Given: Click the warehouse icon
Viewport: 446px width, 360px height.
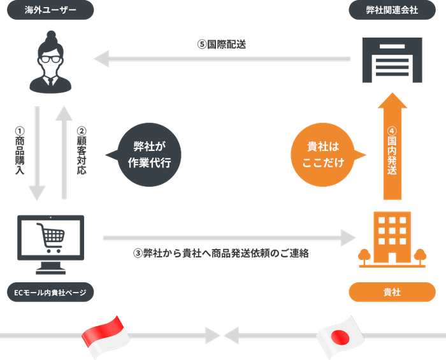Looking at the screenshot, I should point(391,60).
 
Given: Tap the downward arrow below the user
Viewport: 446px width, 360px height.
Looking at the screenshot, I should point(37,153).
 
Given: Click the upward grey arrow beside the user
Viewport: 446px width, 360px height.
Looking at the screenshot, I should point(64,153).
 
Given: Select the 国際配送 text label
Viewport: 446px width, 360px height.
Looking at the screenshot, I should point(221,45).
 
